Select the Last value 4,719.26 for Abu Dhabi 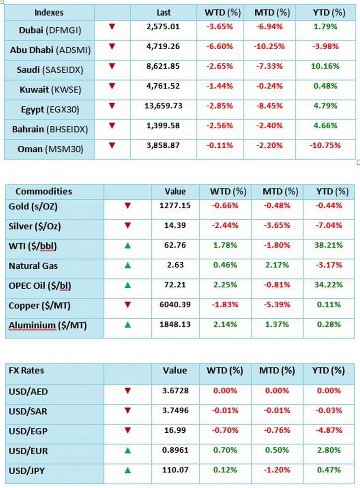click(163, 47)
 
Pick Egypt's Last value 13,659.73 click(163, 106)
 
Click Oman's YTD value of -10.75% click(326, 148)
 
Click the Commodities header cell click(43, 192)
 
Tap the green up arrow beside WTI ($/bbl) click(127, 246)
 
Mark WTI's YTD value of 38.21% click(329, 246)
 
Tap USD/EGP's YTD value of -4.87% click(329, 430)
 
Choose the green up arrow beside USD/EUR click(127, 450)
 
